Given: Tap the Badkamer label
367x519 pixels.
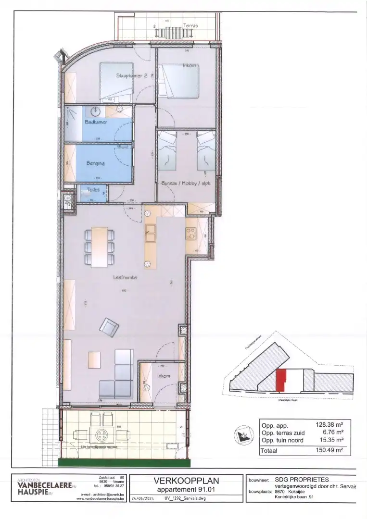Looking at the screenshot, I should [96, 122].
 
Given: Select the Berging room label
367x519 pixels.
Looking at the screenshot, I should [95, 163].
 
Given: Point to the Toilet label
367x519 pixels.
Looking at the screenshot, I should [93, 190].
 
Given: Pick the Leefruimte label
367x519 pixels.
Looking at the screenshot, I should [125, 277].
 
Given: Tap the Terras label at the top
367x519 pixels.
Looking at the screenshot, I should [191, 25].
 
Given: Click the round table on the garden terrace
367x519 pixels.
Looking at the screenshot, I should [102, 435].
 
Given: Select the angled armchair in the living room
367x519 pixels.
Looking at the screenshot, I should [109, 327].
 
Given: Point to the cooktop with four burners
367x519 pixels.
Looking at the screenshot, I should [191, 233].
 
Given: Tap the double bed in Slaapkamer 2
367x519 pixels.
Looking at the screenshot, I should [116, 83].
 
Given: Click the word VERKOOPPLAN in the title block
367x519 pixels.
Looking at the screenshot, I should [186, 481].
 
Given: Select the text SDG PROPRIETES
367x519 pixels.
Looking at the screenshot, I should [302, 479].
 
